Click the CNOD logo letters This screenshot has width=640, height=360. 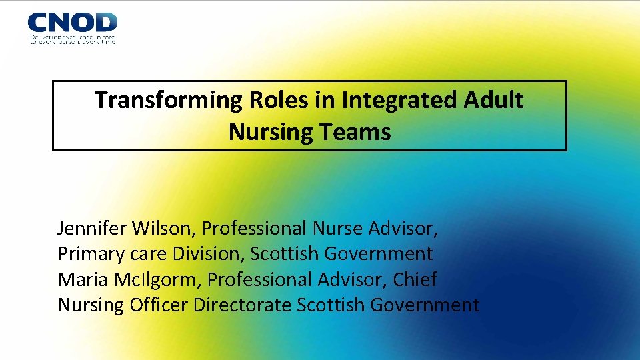[x=72, y=22]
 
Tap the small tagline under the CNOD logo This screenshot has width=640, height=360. [x=72, y=39]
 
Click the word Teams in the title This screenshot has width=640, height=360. [x=358, y=132]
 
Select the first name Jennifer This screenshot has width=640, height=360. [x=92, y=229]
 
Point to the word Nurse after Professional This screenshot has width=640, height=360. [x=334, y=229]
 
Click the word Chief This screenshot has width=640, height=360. [x=415, y=279]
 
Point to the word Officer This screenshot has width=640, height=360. [x=159, y=305]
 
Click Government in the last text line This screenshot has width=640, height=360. [x=424, y=305]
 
